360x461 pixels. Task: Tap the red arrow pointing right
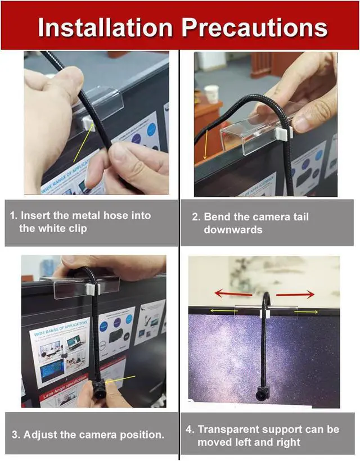tap(294, 293)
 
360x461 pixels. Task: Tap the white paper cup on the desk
tap(211, 93)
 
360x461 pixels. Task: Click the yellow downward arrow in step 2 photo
tap(206, 144)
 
